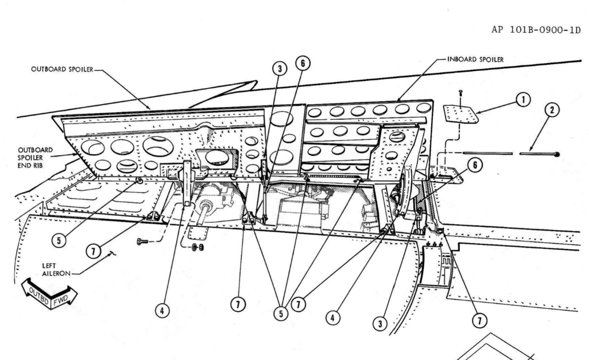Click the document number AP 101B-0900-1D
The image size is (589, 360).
click(x=536, y=30)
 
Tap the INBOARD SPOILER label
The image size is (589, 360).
click(x=476, y=60)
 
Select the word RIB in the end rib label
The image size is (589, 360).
click(x=37, y=166)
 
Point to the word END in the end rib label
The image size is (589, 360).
click(x=24, y=166)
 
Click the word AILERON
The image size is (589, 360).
click(x=56, y=274)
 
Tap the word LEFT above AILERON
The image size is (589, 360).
click(x=49, y=266)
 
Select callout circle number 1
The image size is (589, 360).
click(x=523, y=100)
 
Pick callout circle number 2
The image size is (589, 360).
click(x=552, y=110)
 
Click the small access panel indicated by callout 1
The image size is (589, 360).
click(x=460, y=114)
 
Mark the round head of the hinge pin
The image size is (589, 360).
click(x=557, y=154)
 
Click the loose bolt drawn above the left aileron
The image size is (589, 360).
click(x=142, y=241)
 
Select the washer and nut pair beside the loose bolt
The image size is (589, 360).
click(x=198, y=247)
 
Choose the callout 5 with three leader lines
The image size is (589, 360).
click(x=281, y=314)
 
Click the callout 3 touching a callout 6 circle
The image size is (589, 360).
click(x=279, y=69)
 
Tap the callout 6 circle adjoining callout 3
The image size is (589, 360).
click(x=303, y=63)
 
